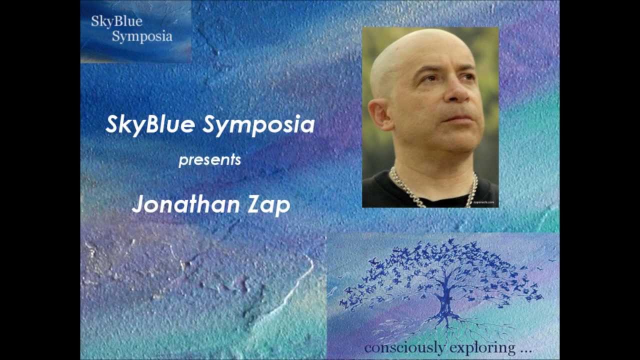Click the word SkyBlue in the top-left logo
click(116, 21)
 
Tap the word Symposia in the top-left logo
click(142, 36)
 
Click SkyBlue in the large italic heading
click(150, 124)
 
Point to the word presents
click(209, 160)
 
